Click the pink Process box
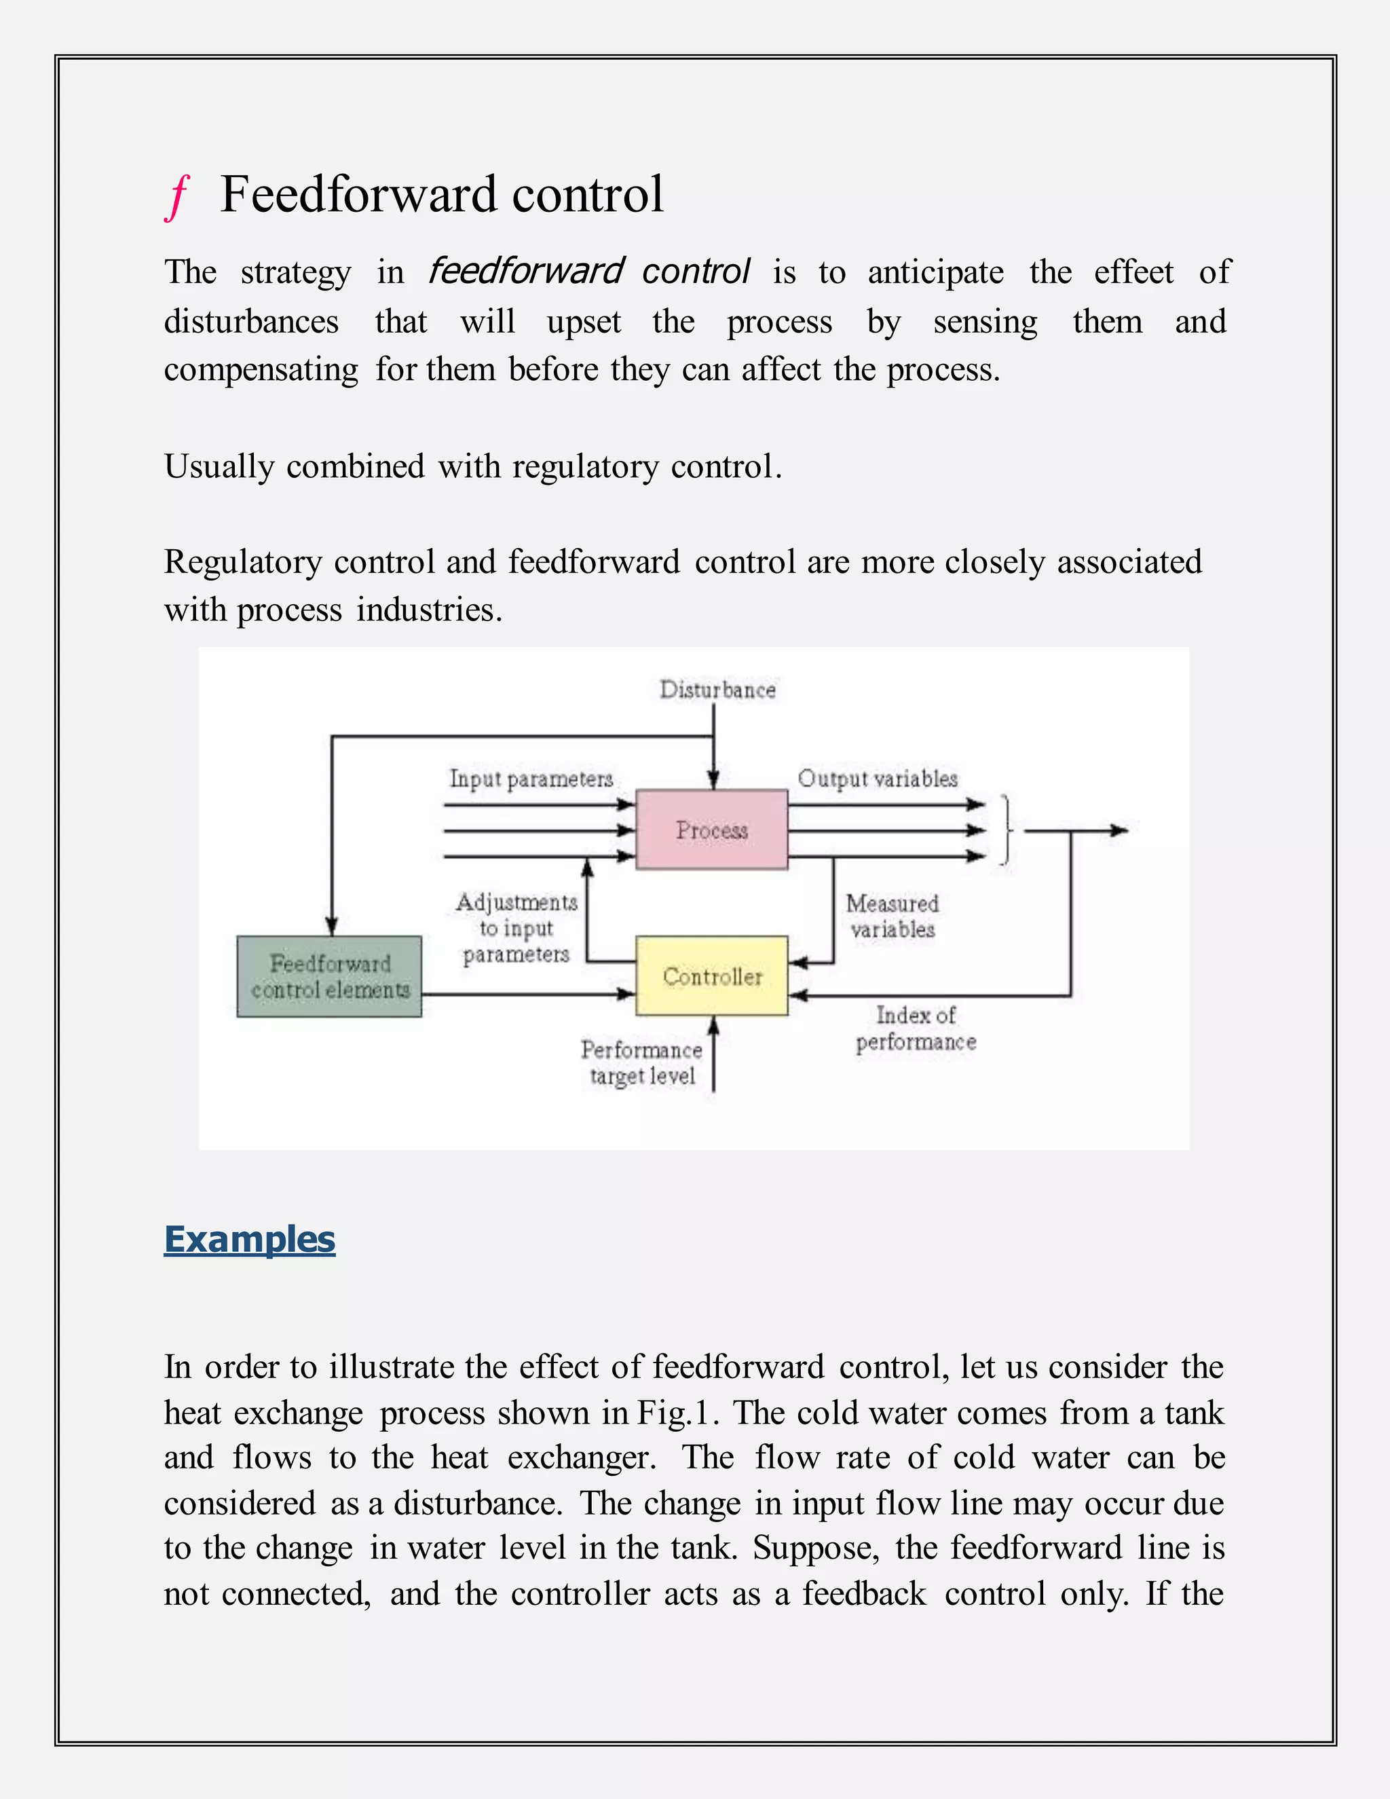711,830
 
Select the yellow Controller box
711,976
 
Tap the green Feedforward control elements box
329,976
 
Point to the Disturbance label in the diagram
717,690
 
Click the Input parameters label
531,779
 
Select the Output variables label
877,779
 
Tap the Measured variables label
892,916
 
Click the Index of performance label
916,1028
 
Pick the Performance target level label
641,1062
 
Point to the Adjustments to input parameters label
516,927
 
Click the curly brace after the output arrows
1005,830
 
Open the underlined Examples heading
250,1239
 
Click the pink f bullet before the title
177,197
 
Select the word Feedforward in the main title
359,196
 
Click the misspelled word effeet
1133,272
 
